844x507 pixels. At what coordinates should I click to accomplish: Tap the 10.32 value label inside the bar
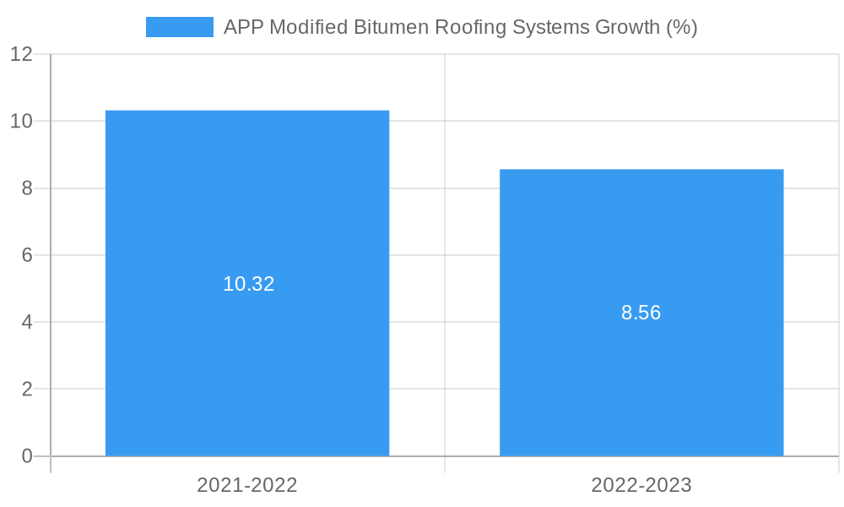(x=248, y=284)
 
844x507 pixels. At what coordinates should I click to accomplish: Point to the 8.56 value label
(x=641, y=313)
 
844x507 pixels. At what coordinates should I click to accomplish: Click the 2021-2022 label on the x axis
(x=247, y=485)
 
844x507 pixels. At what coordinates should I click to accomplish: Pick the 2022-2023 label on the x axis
(x=641, y=485)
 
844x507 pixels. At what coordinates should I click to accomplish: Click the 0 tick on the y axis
(x=26, y=456)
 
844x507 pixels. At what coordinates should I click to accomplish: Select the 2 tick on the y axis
(x=26, y=390)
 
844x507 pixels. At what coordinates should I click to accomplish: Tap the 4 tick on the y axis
(x=26, y=322)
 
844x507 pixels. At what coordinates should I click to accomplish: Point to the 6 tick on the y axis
(x=26, y=255)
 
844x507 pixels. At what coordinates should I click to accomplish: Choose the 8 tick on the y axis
(x=26, y=188)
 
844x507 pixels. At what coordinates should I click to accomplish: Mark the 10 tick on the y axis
(x=21, y=121)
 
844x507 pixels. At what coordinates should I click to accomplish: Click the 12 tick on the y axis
(x=21, y=54)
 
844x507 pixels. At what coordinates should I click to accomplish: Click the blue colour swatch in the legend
(x=180, y=27)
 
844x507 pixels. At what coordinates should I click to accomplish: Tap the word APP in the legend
(x=243, y=27)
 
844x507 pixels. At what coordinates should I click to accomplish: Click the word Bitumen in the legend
(x=389, y=27)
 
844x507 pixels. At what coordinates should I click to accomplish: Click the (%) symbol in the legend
(x=682, y=27)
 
